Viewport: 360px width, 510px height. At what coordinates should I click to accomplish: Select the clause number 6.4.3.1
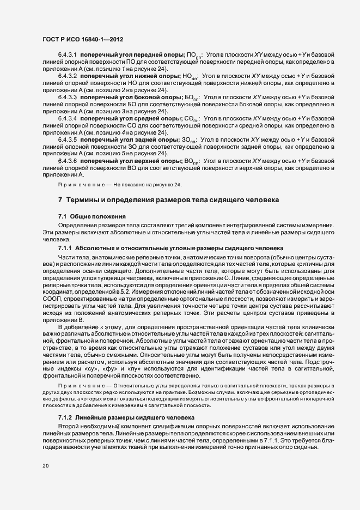tap(68, 55)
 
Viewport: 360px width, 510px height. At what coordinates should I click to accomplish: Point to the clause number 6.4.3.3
tap(68, 96)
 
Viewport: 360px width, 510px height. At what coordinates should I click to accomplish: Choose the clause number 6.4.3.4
tap(68, 117)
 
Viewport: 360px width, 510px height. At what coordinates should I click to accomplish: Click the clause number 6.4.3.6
tap(68, 161)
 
